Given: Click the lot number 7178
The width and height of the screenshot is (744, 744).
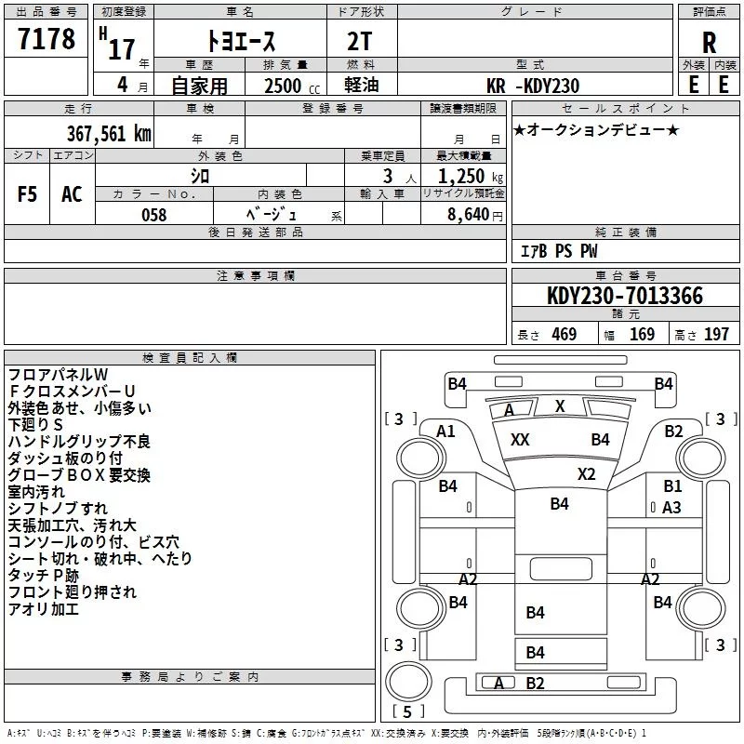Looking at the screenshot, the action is (x=46, y=38).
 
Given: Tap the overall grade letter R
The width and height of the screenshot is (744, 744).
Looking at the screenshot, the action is (x=709, y=43).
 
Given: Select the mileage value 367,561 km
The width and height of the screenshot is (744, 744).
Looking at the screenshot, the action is (x=109, y=133).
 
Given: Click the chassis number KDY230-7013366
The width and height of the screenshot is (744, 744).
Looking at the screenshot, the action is (x=625, y=296).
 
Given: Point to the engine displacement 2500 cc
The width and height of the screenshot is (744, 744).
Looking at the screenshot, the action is (x=292, y=86).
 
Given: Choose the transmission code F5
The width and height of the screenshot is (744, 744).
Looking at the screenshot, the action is (x=27, y=194).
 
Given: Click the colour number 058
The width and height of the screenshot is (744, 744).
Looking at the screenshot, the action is (x=154, y=215).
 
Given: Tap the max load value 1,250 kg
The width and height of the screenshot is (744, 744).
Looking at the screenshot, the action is (x=471, y=177).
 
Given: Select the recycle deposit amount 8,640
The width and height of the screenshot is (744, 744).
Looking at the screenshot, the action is (x=469, y=215).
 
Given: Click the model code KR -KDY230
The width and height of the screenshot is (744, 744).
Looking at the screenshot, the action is (x=533, y=86).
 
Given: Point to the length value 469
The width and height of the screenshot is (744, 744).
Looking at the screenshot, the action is (x=565, y=334).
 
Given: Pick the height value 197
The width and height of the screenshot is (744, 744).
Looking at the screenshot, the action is (x=716, y=334).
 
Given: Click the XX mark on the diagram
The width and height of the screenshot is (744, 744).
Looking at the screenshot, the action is (x=520, y=440).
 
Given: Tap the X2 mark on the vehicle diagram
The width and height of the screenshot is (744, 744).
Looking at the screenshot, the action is (x=587, y=474).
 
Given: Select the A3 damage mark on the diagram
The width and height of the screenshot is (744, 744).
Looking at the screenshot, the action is (x=671, y=508).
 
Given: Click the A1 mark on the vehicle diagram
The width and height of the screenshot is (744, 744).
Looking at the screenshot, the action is (x=445, y=432).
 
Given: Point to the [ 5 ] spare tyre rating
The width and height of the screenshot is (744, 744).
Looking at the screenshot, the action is (x=408, y=711).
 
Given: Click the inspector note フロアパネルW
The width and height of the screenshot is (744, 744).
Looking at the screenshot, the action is (x=59, y=375).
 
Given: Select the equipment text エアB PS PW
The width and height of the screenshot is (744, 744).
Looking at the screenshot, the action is (x=559, y=251).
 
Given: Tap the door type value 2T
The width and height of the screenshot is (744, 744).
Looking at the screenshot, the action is (x=360, y=42).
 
